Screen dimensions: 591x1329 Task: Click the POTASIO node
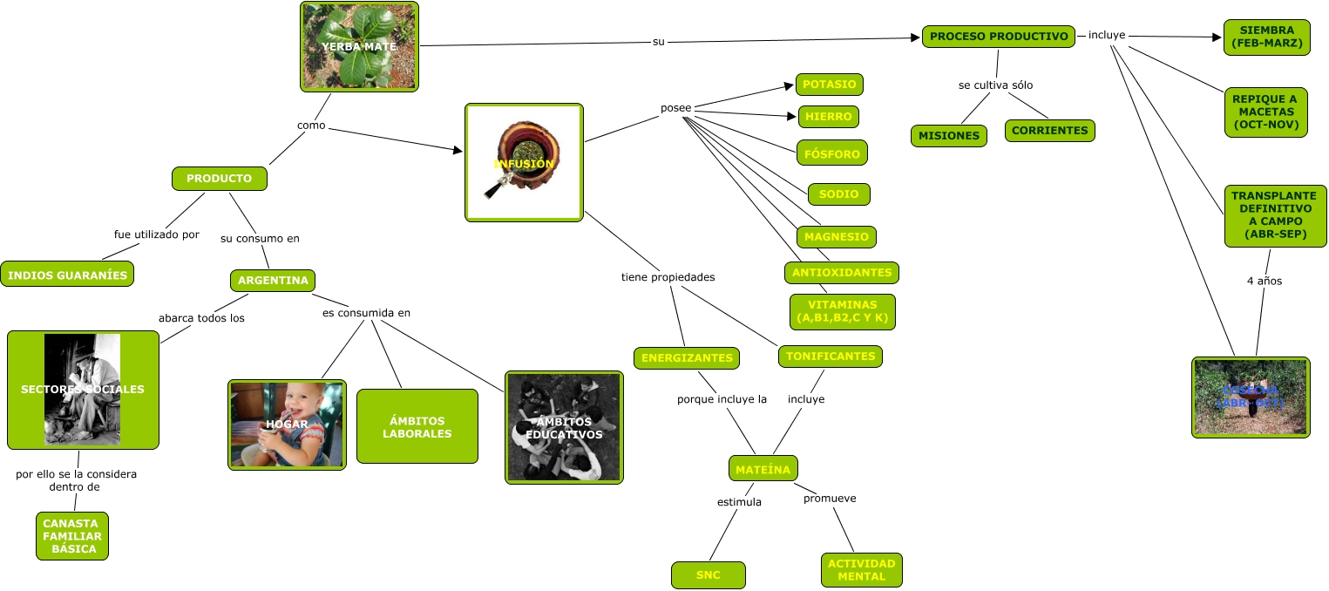[829, 85]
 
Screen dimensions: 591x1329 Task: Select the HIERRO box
[829, 117]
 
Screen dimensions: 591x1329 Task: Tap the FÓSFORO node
[831, 153]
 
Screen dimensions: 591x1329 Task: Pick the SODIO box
[838, 194]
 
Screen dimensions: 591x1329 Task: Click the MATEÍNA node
[763, 469]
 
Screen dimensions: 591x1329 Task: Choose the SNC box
[708, 575]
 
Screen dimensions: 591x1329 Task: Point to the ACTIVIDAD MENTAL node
[861, 570]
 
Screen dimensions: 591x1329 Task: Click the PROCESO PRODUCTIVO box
[998, 37]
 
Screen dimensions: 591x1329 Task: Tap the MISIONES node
[949, 136]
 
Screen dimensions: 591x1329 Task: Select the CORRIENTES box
[1049, 131]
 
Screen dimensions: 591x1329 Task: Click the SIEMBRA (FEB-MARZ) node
[1266, 37]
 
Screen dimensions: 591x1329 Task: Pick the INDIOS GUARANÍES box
[67, 275]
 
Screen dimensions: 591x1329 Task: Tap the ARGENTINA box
[272, 281]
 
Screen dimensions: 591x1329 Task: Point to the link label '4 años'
[1264, 281]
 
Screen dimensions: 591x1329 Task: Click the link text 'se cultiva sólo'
[994, 85]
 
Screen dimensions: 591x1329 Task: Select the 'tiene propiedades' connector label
[668, 277]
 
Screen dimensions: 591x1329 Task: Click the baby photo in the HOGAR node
[287, 425]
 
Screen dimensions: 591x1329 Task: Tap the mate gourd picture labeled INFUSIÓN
[524, 161]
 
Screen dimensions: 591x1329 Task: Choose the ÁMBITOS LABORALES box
[417, 426]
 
